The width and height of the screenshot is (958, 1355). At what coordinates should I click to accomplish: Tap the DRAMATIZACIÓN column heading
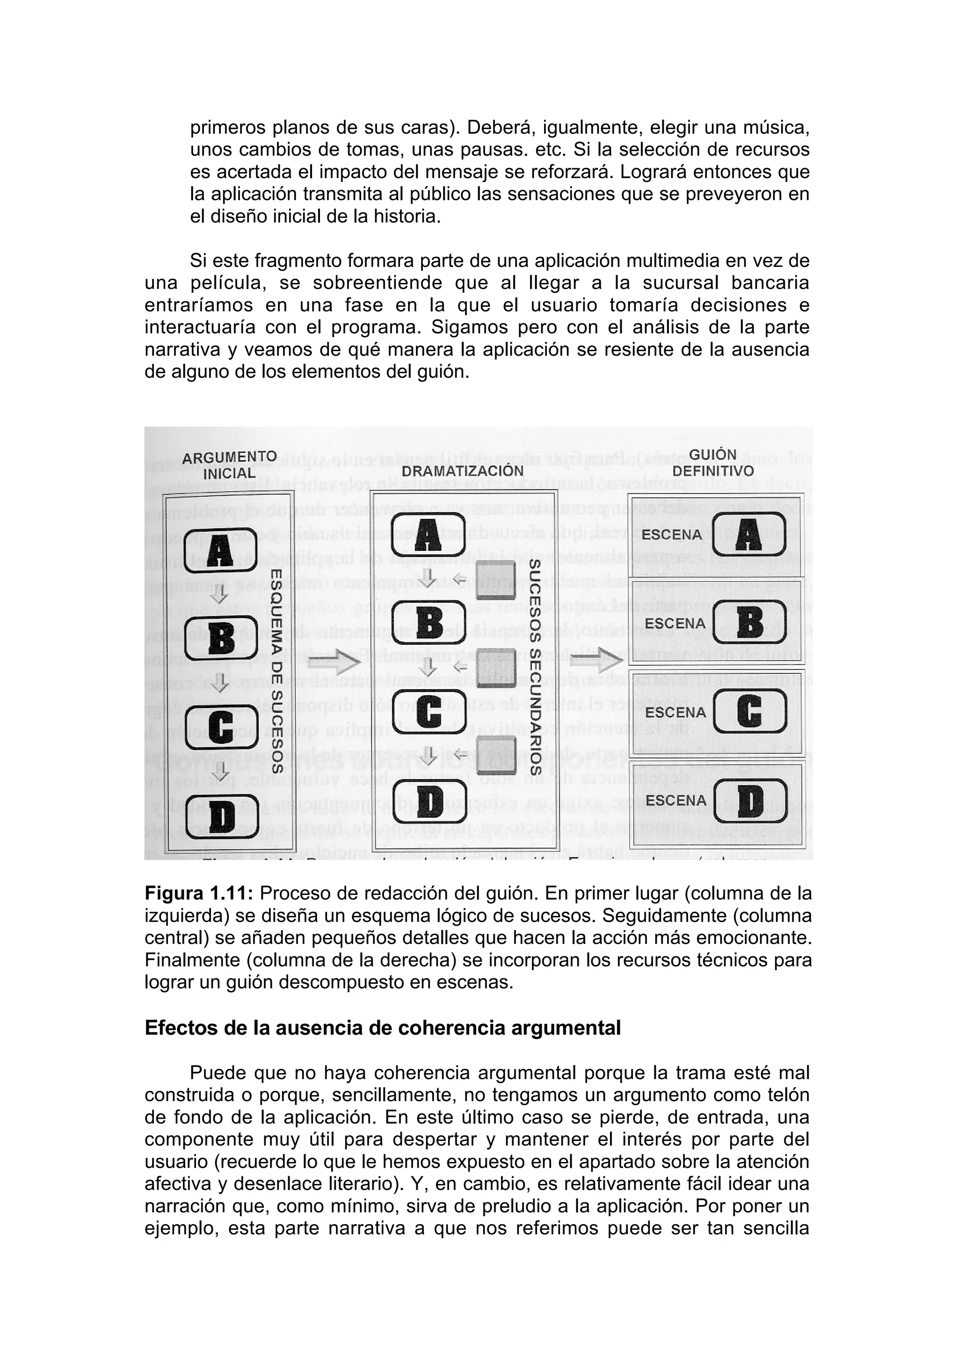(462, 471)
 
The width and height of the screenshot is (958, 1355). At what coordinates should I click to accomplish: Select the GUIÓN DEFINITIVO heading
(713, 463)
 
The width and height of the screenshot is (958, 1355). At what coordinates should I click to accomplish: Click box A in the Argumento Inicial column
(221, 550)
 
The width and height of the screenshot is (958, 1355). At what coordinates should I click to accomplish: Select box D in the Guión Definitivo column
(750, 800)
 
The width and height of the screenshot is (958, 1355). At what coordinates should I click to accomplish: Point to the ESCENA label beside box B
(675, 624)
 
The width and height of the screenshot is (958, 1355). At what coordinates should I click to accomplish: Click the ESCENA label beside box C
(675, 712)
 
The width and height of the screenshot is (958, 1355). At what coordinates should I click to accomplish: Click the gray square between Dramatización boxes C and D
(496, 756)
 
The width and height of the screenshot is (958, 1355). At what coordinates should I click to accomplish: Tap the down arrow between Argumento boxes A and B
(220, 594)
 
